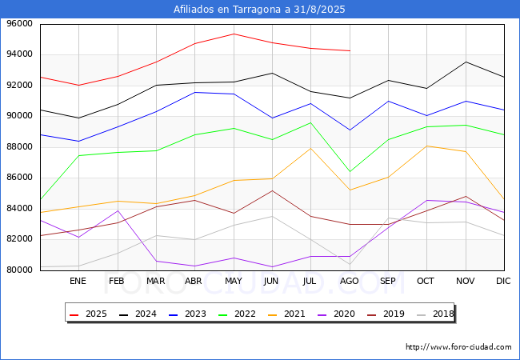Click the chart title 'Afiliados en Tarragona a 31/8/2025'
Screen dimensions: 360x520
pos(260,10)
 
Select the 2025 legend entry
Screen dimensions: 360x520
pos(90,314)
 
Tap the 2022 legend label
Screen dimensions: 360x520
pos(245,314)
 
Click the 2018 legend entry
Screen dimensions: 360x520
pos(442,314)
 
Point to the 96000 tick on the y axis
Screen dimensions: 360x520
pos(20,24)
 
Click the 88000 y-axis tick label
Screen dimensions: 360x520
pos(20,147)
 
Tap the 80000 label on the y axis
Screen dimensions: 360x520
pos(20,270)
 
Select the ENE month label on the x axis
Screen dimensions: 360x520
pos(78,281)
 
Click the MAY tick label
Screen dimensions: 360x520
pos(233,281)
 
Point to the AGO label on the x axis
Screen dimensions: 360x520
pos(350,281)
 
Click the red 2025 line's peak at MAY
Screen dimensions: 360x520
pos(233,34)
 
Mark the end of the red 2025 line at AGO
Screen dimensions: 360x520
pos(350,50)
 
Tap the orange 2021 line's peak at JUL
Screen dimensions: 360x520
pos(310,148)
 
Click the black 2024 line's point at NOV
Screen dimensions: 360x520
pos(466,62)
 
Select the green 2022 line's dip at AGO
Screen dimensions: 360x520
pos(350,171)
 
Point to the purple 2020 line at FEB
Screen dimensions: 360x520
pos(117,210)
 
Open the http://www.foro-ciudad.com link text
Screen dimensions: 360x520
pos(458,347)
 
